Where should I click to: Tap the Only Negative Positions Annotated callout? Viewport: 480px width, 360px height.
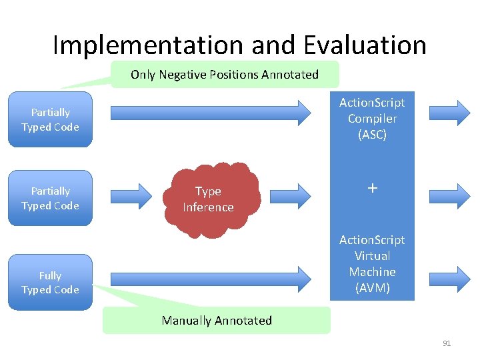pos(225,75)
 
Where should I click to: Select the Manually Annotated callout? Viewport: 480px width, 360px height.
pos(217,321)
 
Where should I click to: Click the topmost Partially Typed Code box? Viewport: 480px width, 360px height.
pos(50,120)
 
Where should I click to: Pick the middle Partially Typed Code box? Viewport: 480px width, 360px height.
pos(50,199)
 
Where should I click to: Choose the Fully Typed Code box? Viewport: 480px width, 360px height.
pos(50,283)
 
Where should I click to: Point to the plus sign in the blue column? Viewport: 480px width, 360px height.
pos(372,189)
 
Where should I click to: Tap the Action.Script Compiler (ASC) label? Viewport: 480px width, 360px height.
pos(372,119)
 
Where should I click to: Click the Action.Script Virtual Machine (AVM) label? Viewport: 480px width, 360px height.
pos(372,264)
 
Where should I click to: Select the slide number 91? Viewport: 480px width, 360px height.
pos(447,343)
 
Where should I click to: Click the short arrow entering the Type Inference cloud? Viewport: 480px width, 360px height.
pos(137,195)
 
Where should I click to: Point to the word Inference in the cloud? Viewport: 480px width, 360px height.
pos(209,207)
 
